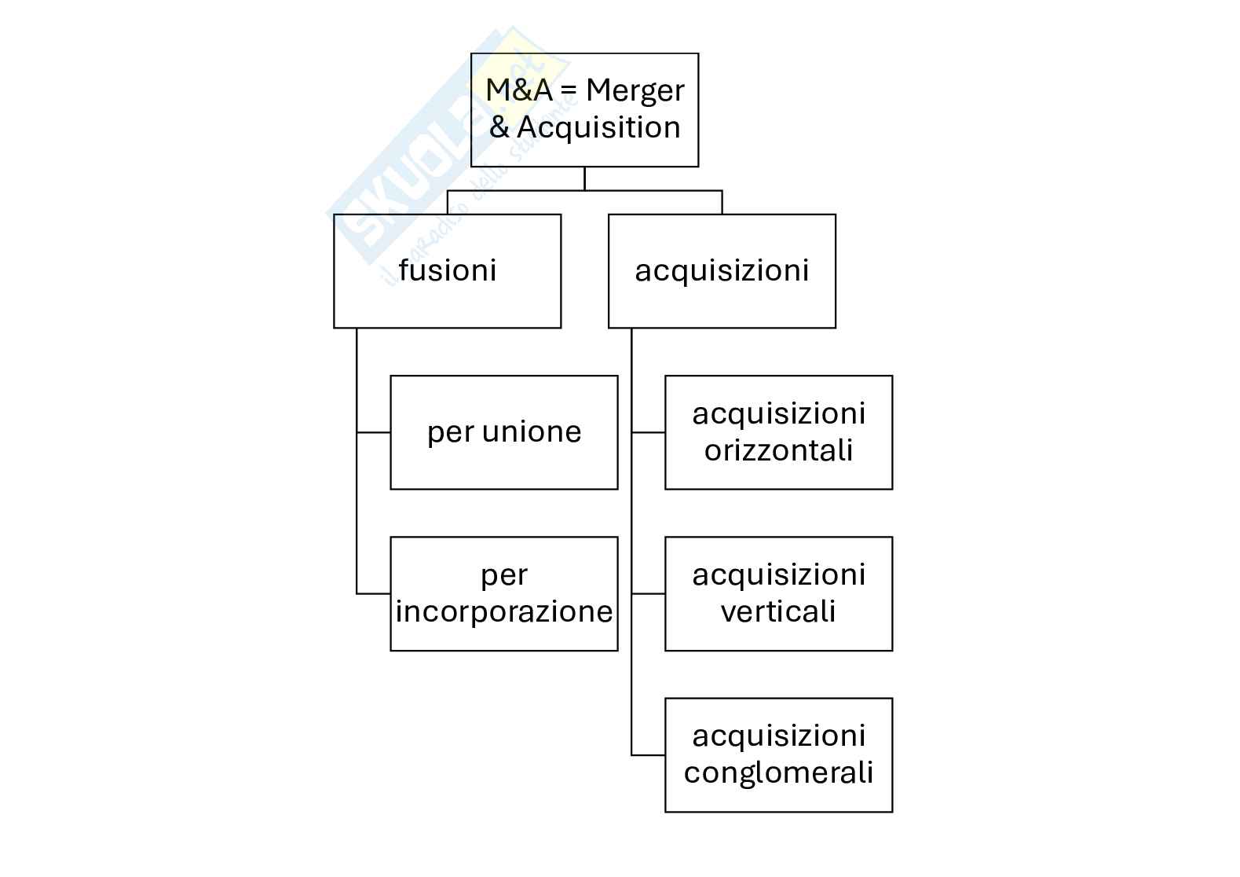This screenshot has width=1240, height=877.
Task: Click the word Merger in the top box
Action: [635, 91]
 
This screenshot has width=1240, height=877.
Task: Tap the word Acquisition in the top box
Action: [598, 127]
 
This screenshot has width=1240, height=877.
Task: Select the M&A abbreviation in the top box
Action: [519, 90]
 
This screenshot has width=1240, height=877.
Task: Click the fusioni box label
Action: [447, 270]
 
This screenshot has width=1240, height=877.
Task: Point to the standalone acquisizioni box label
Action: [722, 270]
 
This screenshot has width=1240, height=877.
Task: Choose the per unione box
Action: [503, 432]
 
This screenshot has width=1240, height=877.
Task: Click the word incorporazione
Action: [503, 611]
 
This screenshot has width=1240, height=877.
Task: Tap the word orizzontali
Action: [778, 450]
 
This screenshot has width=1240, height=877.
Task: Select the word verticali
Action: [778, 611]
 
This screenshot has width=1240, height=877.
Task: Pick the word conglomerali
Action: [778, 772]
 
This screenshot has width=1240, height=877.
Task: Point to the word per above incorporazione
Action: [503, 575]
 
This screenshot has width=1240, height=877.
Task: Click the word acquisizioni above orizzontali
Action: [778, 414]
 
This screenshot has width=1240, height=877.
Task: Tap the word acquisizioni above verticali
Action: [778, 575]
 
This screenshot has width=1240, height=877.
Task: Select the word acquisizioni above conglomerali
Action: [778, 736]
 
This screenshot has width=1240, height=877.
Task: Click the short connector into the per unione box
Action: [374, 432]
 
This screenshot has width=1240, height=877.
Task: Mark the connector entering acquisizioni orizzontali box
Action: [649, 432]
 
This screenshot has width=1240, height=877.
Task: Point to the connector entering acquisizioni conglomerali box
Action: [649, 755]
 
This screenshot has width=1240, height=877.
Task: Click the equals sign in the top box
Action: [569, 91]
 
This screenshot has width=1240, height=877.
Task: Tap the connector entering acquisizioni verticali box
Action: [649, 594]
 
